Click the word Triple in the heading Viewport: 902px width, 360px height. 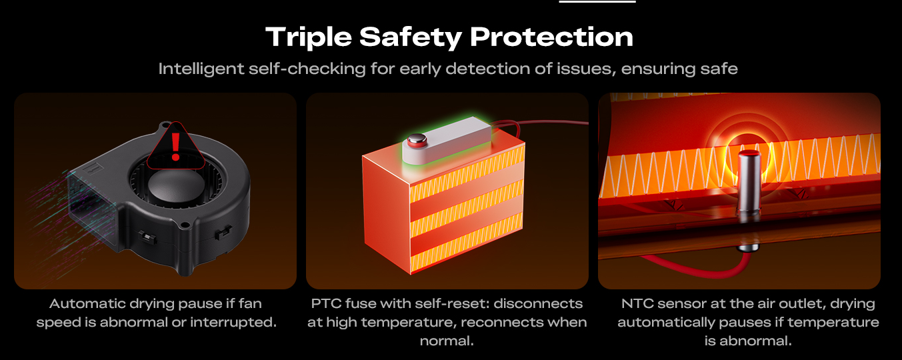pyautogui.click(x=309, y=37)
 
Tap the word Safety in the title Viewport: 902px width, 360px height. pyautogui.click(x=410, y=37)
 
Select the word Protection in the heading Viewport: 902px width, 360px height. pyautogui.click(x=551, y=37)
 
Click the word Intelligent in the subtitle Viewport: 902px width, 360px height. pyautogui.click(x=201, y=69)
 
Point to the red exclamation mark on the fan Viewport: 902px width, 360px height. pyautogui.click(x=175, y=146)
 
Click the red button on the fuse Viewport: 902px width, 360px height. pyautogui.click(x=417, y=140)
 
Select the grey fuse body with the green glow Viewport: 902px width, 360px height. pyautogui.click(x=447, y=140)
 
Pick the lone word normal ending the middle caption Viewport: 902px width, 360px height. pyautogui.click(x=447, y=341)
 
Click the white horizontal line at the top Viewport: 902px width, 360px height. pyautogui.click(x=597, y=1)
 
